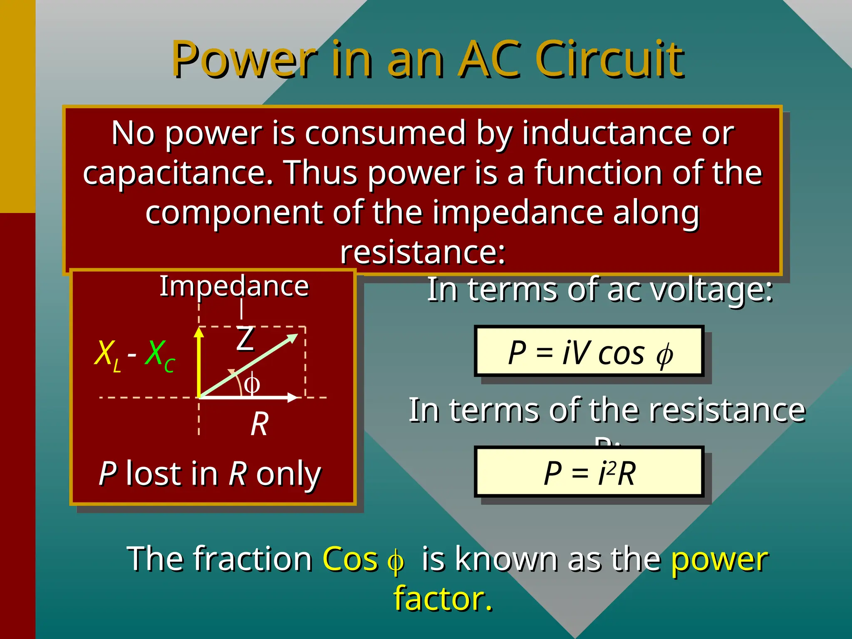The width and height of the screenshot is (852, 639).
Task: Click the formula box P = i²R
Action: pyautogui.click(x=589, y=473)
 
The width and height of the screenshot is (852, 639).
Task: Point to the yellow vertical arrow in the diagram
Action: pyautogui.click(x=199, y=362)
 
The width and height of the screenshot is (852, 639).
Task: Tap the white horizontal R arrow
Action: pyautogui.click(x=250, y=398)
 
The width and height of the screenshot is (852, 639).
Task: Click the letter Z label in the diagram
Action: pyautogui.click(x=245, y=339)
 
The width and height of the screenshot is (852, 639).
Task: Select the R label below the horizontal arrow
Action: pyautogui.click(x=260, y=424)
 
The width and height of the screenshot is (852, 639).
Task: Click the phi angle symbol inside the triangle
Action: pyautogui.click(x=252, y=384)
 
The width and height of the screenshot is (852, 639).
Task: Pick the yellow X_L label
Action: pyautogui.click(x=107, y=354)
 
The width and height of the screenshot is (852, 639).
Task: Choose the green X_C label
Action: pyautogui.click(x=160, y=354)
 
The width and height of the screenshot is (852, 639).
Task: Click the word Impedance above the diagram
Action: pyautogui.click(x=234, y=286)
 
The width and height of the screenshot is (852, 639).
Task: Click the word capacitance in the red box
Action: pyautogui.click(x=177, y=173)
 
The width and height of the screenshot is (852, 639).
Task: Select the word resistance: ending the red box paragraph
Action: pyautogui.click(x=423, y=252)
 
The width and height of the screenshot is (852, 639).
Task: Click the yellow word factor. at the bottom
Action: pyautogui.click(x=443, y=598)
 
